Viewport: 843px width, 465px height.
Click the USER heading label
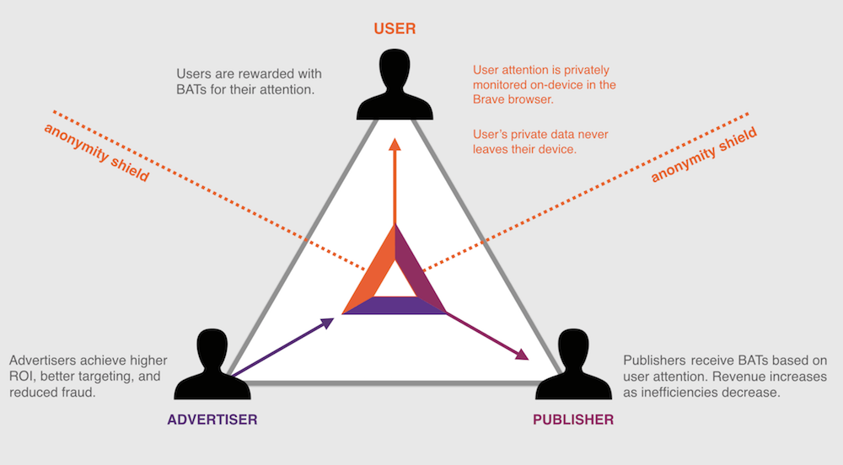coord(395,29)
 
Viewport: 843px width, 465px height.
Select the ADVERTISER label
coord(212,419)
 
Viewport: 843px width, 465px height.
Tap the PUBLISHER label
coord(573,419)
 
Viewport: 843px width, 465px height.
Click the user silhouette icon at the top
coord(395,84)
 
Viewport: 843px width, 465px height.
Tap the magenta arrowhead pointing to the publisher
coord(524,355)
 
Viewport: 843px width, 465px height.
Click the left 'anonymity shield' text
coord(95,152)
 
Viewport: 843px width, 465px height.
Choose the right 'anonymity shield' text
coord(705,155)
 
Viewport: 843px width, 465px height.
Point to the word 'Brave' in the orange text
coord(491,99)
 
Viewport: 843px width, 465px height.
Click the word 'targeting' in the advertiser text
coord(106,377)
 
